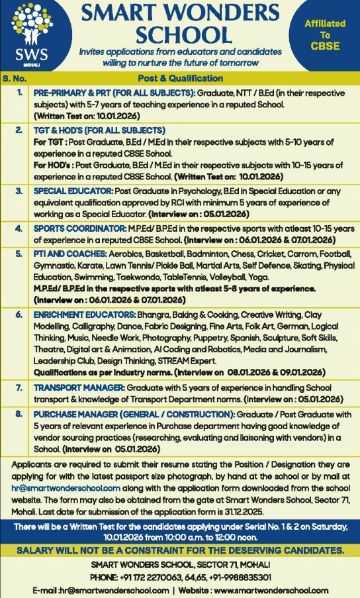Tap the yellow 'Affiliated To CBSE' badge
tap(324, 34)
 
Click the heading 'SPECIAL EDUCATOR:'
tap(73, 191)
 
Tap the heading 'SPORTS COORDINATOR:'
tap(78, 228)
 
